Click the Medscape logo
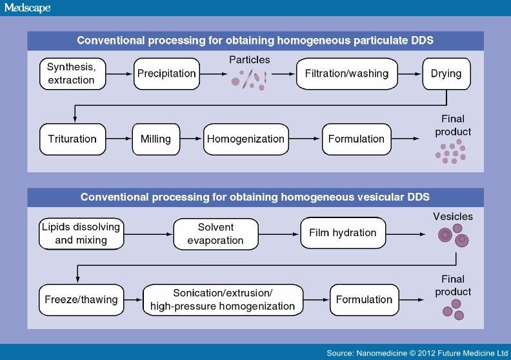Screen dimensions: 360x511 click(x=26, y=8)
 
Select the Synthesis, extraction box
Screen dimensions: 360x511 click(x=71, y=73)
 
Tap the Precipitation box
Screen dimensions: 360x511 click(x=166, y=73)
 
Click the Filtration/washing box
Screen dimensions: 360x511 click(x=346, y=73)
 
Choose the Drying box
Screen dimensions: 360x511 click(x=446, y=73)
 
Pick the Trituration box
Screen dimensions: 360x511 click(x=72, y=139)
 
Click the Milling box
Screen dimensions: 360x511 click(x=155, y=139)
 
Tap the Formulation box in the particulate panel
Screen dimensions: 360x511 click(x=356, y=139)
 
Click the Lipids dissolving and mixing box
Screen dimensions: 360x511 click(x=82, y=234)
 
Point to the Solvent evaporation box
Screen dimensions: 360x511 click(x=216, y=234)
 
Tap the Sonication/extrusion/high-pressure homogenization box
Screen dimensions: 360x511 click(x=223, y=299)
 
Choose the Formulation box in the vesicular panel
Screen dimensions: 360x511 click(x=364, y=299)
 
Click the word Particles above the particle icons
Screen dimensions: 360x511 click(x=250, y=60)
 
